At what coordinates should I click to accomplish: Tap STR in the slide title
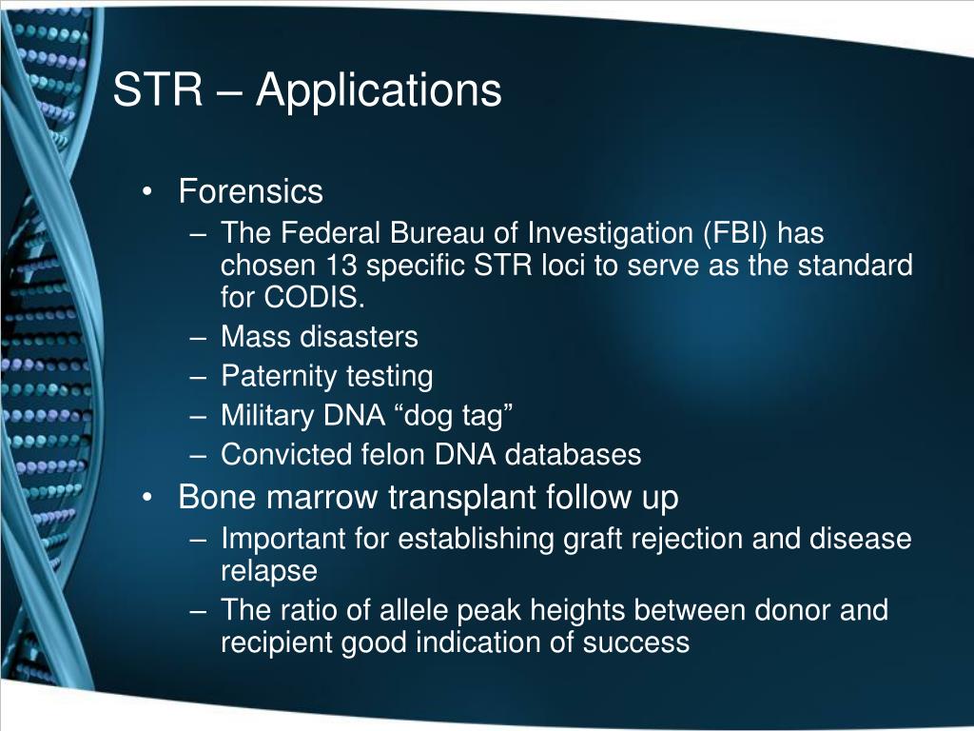click(x=158, y=90)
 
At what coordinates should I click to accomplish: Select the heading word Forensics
click(x=251, y=192)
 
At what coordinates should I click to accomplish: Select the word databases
click(x=574, y=455)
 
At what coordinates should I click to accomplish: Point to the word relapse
click(x=269, y=571)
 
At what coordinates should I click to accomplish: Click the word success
click(x=636, y=642)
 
